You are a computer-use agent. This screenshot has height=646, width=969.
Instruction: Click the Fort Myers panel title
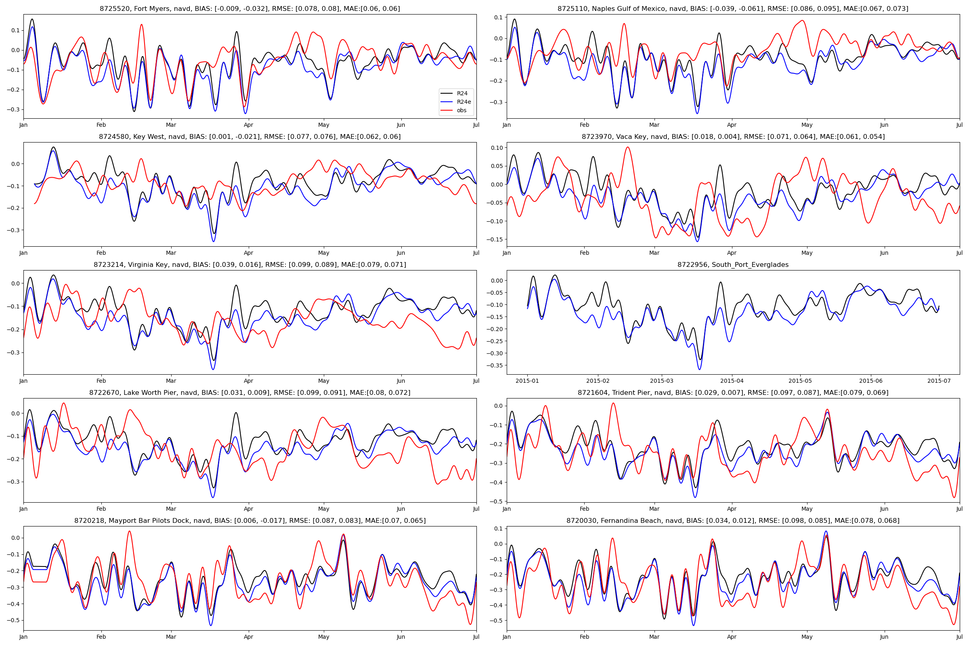coord(250,8)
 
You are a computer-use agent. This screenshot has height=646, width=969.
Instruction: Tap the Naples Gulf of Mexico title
coord(732,8)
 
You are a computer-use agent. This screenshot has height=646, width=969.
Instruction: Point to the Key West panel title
coord(250,137)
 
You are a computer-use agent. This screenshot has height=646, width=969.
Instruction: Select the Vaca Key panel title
coord(732,137)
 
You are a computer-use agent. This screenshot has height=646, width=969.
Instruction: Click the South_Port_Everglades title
coord(732,265)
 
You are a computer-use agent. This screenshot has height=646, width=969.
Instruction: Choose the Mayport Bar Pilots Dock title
coord(250,521)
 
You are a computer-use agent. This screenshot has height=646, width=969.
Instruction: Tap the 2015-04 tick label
coord(732,381)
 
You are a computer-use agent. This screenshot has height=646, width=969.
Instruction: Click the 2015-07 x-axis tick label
coord(939,381)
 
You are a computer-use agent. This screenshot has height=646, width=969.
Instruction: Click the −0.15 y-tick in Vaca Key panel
coord(496,239)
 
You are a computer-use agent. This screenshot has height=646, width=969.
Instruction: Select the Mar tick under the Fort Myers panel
coord(170,125)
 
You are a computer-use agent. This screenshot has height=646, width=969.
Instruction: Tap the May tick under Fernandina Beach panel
coord(807,637)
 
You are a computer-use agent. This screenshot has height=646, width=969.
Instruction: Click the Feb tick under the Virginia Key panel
coord(101,381)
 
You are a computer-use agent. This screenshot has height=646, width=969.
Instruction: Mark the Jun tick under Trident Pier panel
coord(884,509)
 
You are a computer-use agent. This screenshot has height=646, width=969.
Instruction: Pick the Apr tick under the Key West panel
coord(248,253)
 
